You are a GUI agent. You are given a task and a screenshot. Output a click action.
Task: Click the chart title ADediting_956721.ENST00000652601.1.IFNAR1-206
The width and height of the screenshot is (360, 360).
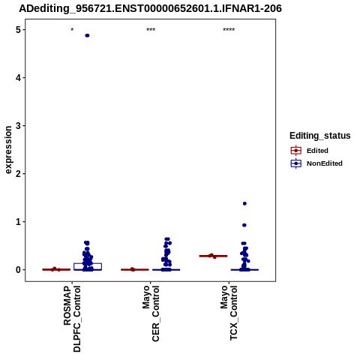pos(150,8)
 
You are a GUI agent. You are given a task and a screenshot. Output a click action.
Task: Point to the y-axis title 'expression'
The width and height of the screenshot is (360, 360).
pos(8,150)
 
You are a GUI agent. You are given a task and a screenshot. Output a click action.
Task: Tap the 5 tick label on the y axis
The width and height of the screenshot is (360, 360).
pos(18,30)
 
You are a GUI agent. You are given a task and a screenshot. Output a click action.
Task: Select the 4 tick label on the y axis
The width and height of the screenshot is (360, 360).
pos(18,78)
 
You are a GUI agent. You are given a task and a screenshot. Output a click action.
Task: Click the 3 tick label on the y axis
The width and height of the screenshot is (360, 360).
pos(18,126)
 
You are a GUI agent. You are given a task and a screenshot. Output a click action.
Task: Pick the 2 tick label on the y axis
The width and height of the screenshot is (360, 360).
pos(18,174)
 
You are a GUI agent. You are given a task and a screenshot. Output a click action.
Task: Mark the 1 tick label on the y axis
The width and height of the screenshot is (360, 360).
pos(18,222)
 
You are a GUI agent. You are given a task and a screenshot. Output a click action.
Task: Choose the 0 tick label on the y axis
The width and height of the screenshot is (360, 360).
pos(18,270)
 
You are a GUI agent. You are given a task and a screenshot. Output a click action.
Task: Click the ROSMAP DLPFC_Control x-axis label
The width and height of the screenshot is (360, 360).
pos(72,319)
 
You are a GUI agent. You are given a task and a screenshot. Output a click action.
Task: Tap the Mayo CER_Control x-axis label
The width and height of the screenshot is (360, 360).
pos(151,313)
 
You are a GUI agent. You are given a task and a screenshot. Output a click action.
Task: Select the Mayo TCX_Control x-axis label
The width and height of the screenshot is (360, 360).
pos(229,313)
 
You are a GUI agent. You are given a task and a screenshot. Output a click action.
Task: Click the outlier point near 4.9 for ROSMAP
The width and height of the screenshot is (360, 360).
pos(87,35)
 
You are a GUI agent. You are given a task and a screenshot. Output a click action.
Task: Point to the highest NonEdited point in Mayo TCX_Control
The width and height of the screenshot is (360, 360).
pos(244,203)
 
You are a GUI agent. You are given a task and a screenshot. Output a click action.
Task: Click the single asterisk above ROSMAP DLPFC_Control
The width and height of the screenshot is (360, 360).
pos(72,30)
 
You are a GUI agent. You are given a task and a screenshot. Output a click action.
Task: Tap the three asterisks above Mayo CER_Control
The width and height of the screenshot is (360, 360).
pos(151,30)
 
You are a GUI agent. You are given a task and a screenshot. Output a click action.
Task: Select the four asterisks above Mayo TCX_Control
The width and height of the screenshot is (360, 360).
pos(229,30)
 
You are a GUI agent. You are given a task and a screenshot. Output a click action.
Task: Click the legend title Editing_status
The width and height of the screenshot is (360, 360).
pos(320,136)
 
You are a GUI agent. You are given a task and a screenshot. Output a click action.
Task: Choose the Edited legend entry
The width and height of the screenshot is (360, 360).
pos(310,151)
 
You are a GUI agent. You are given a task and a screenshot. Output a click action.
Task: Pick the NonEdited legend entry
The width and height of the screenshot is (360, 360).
pos(316,163)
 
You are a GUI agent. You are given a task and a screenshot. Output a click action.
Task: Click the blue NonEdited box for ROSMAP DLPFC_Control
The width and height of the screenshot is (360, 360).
pos(88,266)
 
